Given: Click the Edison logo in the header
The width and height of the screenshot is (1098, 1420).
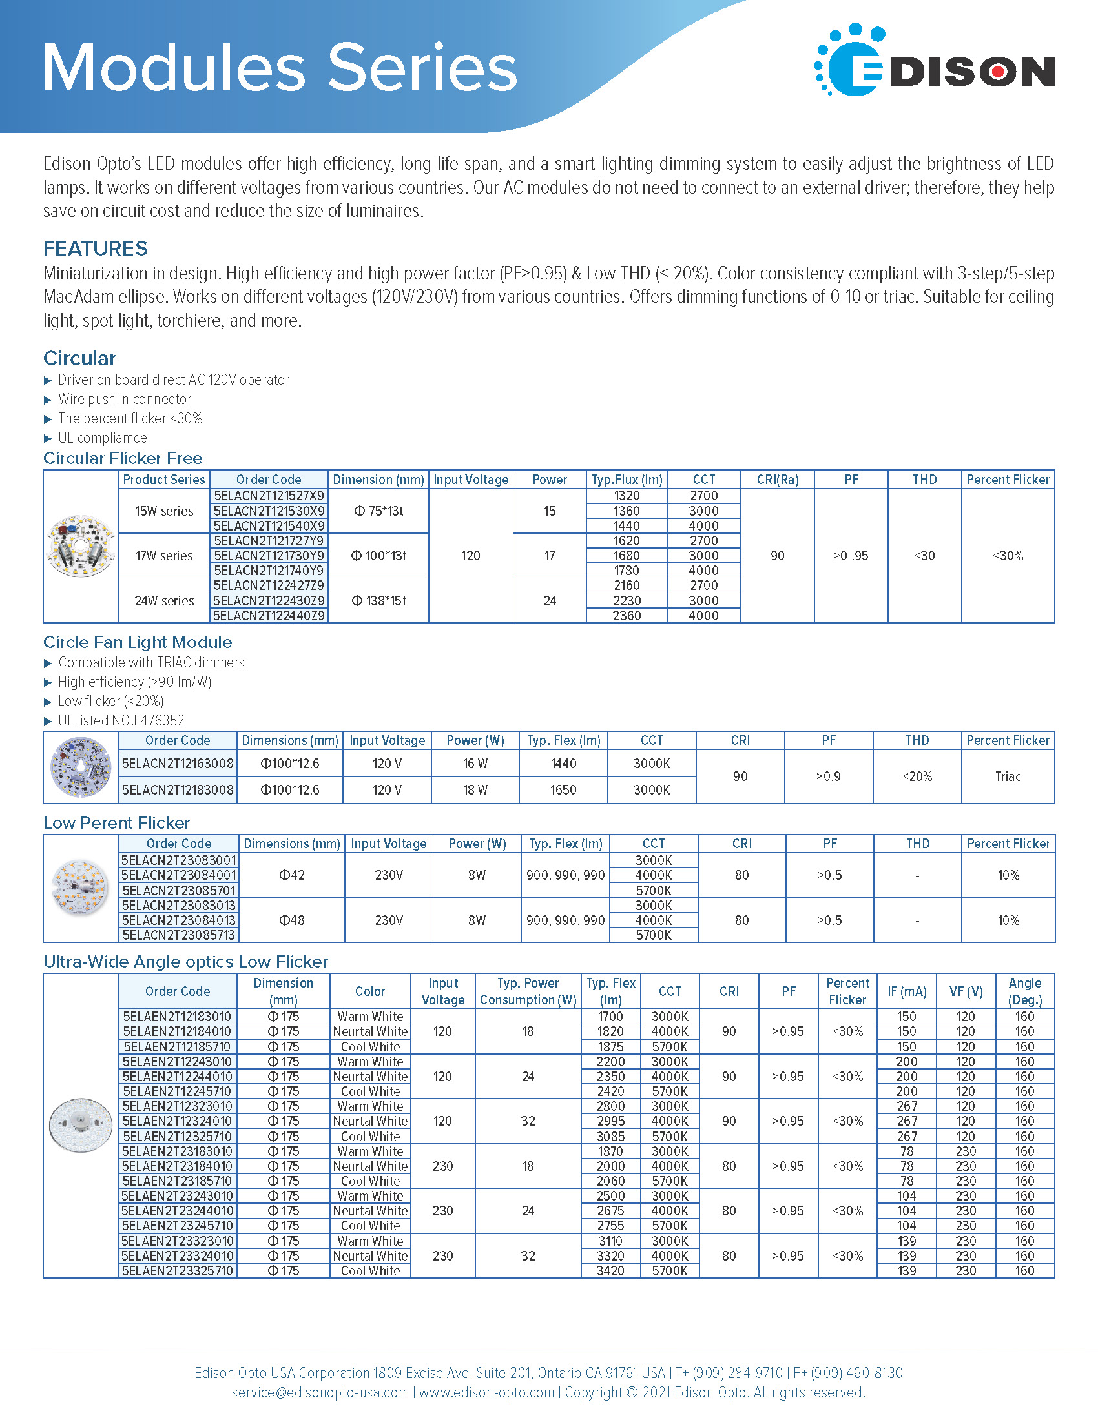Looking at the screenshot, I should [x=934, y=61].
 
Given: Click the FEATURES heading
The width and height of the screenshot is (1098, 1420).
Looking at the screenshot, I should [x=96, y=249].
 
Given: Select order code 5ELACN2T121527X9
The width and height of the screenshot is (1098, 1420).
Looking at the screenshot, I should [x=269, y=496].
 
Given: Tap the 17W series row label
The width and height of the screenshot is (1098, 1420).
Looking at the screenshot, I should [x=164, y=556].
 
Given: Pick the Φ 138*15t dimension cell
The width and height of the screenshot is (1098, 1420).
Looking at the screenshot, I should [x=378, y=601].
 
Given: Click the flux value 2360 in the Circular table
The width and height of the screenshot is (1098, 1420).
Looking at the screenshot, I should [x=627, y=616].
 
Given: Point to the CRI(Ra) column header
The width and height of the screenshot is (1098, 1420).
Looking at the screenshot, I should [x=777, y=480].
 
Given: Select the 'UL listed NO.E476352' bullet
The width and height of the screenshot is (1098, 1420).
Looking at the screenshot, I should [x=121, y=720].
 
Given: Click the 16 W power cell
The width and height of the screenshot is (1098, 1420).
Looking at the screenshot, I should [x=475, y=764].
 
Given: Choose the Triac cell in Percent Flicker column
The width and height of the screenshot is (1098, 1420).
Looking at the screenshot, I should [x=1008, y=776].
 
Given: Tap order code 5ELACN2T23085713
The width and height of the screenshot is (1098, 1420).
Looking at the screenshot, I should [x=179, y=936].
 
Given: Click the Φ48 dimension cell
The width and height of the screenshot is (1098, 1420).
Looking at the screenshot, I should [x=291, y=920].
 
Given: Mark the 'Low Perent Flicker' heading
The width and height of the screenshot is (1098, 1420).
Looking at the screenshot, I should [x=116, y=823].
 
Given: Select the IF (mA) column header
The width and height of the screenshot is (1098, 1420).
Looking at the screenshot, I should [x=907, y=991].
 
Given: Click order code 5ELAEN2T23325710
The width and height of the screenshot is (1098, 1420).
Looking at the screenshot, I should [x=178, y=1271].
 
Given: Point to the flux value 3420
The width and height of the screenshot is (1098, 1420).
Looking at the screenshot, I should [x=610, y=1271].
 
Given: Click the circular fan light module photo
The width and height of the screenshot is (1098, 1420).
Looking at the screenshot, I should [x=81, y=767].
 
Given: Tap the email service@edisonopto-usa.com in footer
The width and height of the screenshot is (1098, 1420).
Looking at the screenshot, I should [x=320, y=1392].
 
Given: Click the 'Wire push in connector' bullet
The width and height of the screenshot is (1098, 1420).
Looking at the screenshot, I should [x=125, y=399].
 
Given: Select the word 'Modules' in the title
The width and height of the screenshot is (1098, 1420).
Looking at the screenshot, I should [x=174, y=68].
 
